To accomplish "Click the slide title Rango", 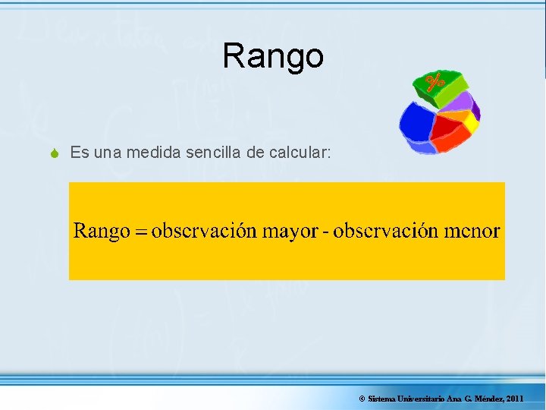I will (x=273, y=55).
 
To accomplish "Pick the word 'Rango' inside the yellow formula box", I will (x=102, y=232).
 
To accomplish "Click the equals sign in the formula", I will (x=140, y=232).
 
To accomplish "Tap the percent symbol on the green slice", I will (x=435, y=81).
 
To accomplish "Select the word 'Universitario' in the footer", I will (x=420, y=399).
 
